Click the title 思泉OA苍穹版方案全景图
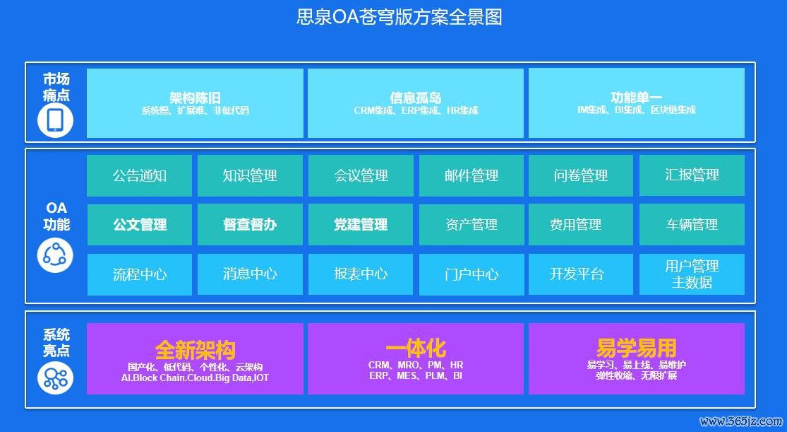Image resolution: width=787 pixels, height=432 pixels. (399, 16)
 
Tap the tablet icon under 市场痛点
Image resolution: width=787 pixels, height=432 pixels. (55, 121)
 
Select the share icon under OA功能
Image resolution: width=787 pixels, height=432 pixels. (55, 257)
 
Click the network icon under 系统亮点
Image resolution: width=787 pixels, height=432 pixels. (55, 378)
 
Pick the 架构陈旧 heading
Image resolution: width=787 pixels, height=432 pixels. (195, 98)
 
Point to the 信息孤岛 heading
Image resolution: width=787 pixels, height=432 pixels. (416, 98)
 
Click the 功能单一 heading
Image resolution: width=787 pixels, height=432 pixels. (637, 98)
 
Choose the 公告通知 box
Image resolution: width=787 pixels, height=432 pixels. (140, 175)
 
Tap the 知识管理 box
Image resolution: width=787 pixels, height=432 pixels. (250, 175)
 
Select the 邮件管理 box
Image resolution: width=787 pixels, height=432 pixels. (471, 175)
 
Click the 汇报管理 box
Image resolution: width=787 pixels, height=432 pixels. (692, 175)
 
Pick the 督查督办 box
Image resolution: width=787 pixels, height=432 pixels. (250, 224)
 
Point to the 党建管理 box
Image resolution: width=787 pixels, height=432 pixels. (361, 224)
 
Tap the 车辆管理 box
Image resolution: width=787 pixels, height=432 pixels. (692, 224)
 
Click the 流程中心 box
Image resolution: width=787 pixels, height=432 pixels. (140, 274)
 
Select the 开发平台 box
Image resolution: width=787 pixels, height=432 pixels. (581, 274)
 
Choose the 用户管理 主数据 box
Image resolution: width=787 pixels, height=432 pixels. (692, 274)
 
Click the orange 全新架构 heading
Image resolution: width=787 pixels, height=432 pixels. (195, 350)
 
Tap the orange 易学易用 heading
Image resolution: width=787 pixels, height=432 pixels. (637, 348)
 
